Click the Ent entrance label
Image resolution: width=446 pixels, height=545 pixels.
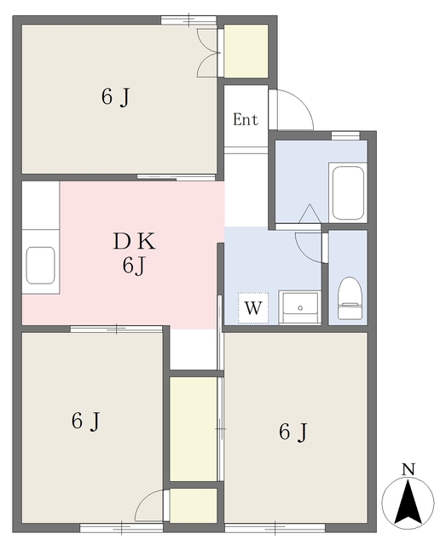coord(246,119)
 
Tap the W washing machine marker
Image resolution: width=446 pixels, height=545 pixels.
coord(253,308)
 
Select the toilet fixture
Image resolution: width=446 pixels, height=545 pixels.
coord(350,298)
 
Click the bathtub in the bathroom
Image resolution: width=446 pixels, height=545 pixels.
coord(348,192)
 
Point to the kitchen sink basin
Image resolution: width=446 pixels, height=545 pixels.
coord(41,265)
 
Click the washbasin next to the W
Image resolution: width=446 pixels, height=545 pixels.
coord(299,307)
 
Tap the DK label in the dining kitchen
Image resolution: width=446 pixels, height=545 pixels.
coord(135,241)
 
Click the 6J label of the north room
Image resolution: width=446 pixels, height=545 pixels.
coord(116,96)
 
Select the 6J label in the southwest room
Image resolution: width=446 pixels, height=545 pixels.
coord(85,421)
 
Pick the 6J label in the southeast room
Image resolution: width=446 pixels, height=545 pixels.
coord(293,432)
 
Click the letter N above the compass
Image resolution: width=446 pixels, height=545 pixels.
coord(408,469)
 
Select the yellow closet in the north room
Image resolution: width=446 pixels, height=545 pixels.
coord(246,51)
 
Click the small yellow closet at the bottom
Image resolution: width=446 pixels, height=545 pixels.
coord(194,505)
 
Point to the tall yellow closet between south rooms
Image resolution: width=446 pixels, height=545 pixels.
coord(194,429)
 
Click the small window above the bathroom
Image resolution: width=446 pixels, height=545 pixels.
coord(345,135)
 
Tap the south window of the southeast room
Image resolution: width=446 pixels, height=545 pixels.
coord(275,528)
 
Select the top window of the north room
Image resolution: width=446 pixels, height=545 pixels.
coord(188,20)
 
